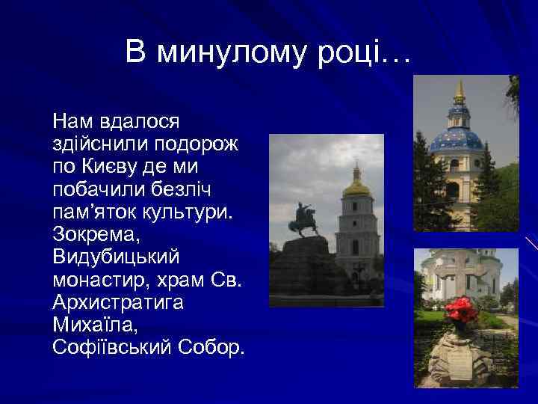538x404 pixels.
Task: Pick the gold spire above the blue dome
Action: click(459, 92)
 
